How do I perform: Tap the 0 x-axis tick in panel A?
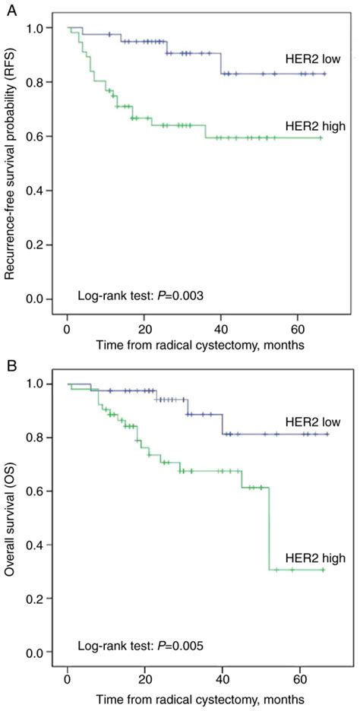point(68,330)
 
